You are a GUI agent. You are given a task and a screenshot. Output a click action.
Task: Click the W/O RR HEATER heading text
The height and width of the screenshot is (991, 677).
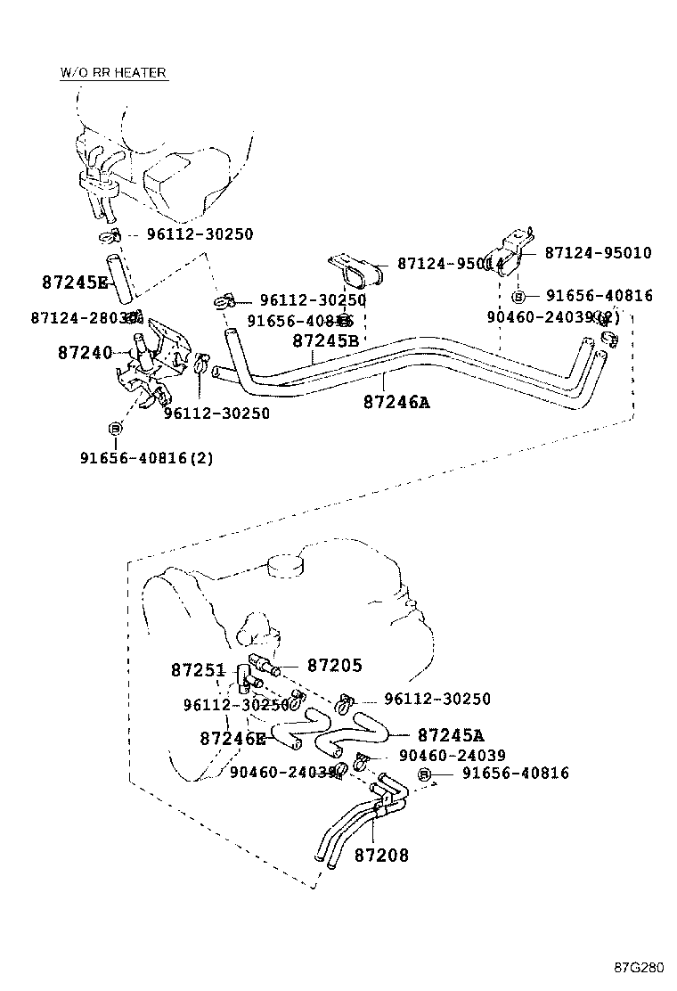click(113, 72)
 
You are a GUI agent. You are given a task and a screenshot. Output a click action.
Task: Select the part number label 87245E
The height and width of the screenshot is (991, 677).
click(74, 283)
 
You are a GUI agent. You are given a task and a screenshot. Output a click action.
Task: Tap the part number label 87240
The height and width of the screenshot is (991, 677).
click(83, 353)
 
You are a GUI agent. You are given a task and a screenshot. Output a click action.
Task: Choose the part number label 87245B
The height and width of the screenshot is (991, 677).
click(325, 340)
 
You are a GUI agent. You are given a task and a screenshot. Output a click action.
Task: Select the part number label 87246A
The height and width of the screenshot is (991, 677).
click(396, 402)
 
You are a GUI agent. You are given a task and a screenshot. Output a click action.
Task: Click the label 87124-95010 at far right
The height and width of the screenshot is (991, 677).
click(598, 253)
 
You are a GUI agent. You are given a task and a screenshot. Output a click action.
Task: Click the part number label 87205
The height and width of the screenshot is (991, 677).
click(335, 665)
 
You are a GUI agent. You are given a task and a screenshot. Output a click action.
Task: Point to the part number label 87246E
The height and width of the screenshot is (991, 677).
click(232, 738)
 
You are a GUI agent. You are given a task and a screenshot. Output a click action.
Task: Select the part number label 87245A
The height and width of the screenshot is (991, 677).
click(450, 735)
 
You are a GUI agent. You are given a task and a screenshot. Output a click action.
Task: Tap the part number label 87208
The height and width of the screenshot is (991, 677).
click(381, 856)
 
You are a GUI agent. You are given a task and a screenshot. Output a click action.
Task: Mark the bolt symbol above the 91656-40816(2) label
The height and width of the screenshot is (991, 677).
click(114, 430)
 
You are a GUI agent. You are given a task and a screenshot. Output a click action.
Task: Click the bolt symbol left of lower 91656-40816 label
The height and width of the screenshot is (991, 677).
click(425, 774)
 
